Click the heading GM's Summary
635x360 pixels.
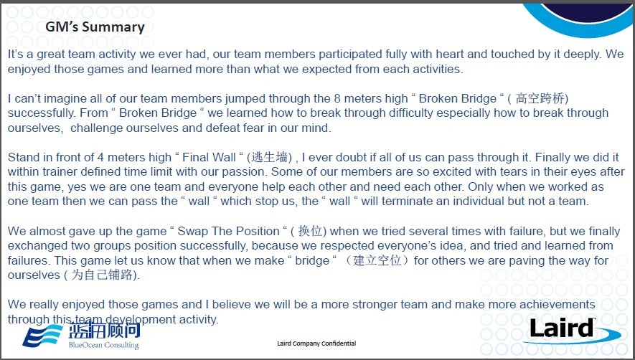pyautogui.click(x=95, y=27)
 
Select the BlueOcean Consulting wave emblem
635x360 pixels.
pyautogui.click(x=42, y=336)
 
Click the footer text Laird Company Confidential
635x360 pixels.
pyautogui.click(x=316, y=344)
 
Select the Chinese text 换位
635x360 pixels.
pyautogui.click(x=310, y=231)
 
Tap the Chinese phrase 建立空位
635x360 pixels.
pyautogui.click(x=377, y=260)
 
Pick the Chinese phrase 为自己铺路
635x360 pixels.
pyautogui.click(x=102, y=275)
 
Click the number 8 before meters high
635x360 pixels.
pyautogui.click(x=337, y=98)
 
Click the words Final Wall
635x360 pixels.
pyautogui.click(x=209, y=157)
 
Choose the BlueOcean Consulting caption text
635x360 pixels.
pyautogui.click(x=103, y=345)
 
